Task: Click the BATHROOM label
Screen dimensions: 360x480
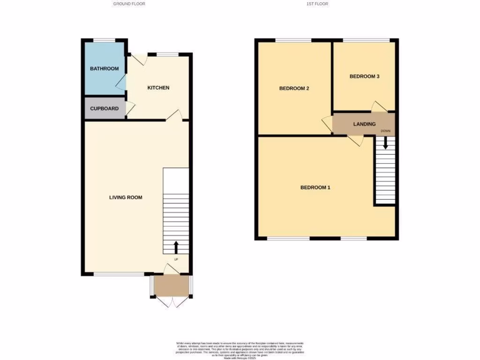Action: tap(104, 69)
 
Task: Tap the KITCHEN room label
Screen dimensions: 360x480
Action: tap(158, 88)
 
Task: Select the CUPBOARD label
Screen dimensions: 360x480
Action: tap(104, 109)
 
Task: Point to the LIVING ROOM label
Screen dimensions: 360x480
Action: tap(126, 197)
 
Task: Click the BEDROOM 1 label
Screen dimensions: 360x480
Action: tap(315, 188)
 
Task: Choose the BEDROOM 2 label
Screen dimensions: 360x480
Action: tap(294, 88)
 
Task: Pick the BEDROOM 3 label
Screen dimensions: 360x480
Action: tap(364, 76)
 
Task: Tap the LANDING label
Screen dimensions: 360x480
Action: tap(364, 124)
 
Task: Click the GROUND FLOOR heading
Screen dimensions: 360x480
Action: tap(129, 4)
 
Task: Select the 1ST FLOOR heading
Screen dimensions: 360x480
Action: tap(317, 4)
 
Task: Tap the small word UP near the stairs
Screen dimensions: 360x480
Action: tap(176, 259)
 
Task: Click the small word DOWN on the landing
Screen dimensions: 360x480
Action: tap(385, 131)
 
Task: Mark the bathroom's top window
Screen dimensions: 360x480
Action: tap(104, 40)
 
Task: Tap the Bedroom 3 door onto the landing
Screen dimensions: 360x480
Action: tap(379, 107)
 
